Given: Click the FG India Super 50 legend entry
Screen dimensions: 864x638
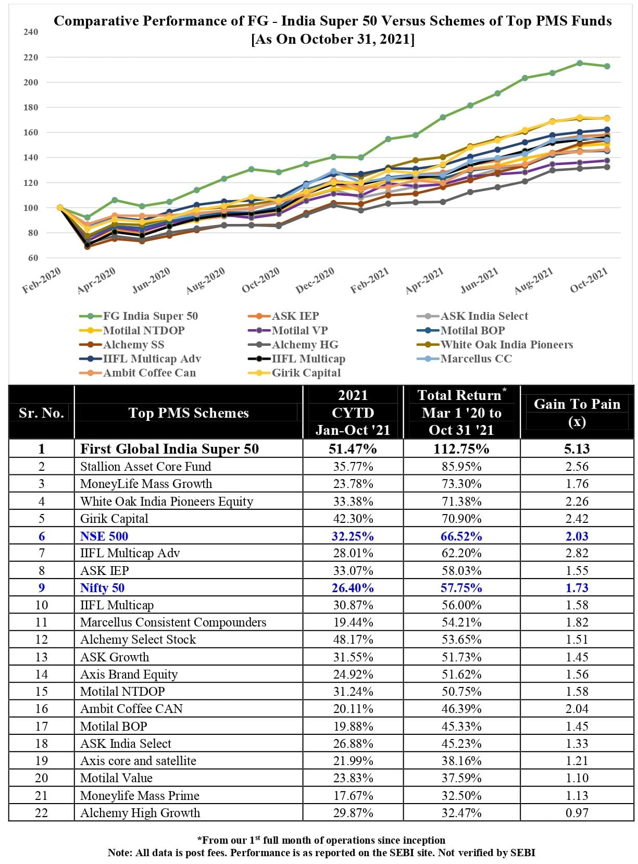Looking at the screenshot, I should tap(150, 316).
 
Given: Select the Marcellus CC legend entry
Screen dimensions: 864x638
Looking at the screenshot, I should tap(476, 359).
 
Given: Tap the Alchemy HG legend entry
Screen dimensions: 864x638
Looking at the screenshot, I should tap(305, 345).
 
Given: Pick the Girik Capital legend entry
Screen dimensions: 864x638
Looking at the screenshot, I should tap(306, 373).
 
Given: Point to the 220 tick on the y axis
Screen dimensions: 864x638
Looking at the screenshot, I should tap(31, 57).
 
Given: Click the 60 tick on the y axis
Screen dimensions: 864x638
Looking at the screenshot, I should tap(33, 258).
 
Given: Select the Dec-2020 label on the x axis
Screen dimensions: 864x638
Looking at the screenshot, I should tap(315, 281).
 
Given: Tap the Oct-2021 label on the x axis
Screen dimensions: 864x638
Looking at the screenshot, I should tap(589, 280).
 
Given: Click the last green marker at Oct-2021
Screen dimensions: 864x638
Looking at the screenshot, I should tap(607, 66).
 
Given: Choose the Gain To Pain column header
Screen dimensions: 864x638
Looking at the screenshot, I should tap(577, 412).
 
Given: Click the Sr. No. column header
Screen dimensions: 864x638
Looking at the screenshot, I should tap(41, 413).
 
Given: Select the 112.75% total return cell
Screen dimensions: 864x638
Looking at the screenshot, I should tap(461, 449).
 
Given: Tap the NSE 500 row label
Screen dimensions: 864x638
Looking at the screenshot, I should tap(104, 536).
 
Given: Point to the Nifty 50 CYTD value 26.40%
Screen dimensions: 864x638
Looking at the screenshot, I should tap(353, 588).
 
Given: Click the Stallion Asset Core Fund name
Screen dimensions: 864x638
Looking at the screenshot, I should tap(145, 467).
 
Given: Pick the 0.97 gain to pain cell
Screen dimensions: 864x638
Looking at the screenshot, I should tap(577, 813).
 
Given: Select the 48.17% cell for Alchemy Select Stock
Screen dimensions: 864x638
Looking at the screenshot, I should tap(353, 640).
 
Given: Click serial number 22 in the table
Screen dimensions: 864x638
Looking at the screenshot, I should tap(41, 813).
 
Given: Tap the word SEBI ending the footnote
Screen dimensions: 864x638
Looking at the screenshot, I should tap(524, 853).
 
